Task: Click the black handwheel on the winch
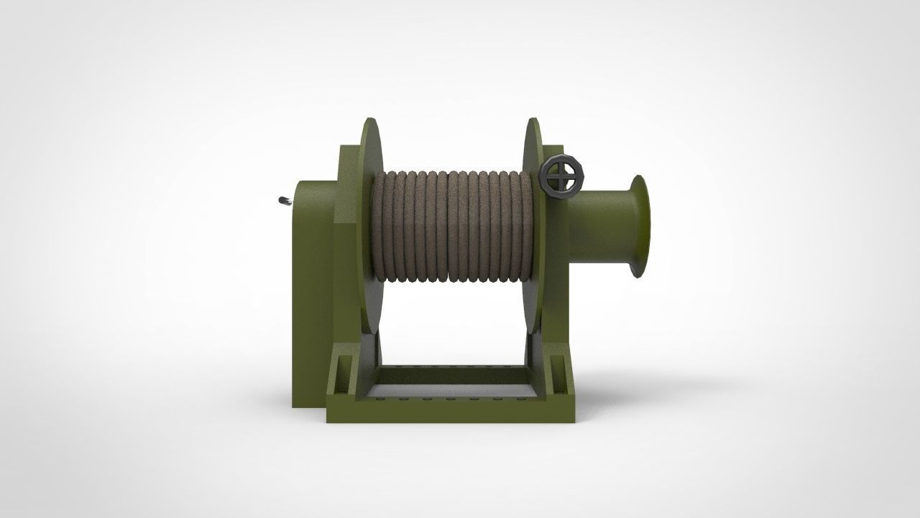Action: [561, 176]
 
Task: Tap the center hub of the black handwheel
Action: [561, 176]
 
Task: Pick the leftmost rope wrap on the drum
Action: [379, 227]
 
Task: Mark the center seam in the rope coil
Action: [448, 227]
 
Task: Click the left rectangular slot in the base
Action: [344, 374]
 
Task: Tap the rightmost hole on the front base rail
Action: [519, 397]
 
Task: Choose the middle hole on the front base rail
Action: [449, 397]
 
